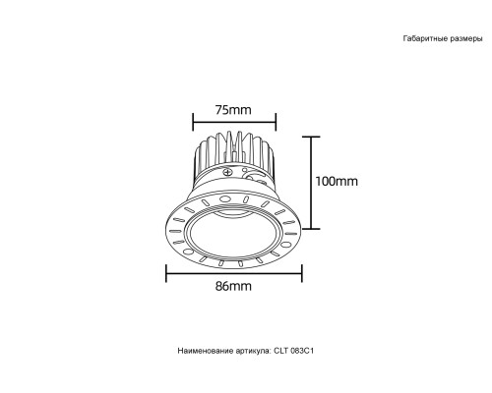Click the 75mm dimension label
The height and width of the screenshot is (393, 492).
pos(232,109)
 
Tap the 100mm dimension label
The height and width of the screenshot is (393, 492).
pos(337,182)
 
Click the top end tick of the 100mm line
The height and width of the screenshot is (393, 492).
pos(312,137)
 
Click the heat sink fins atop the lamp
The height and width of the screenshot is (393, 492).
pos(232,152)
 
